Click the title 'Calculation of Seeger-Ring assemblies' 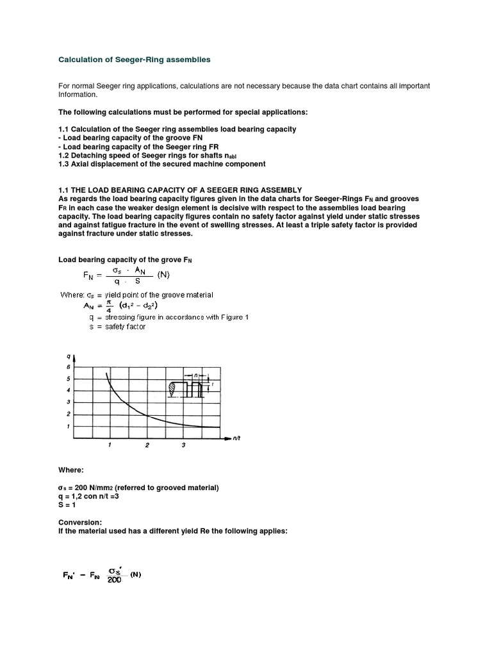pyautogui.click(x=134, y=60)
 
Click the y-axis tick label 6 pyautogui.click(x=68, y=367)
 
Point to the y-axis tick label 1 pyautogui.click(x=68, y=426)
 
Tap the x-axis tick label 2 pyautogui.click(x=147, y=445)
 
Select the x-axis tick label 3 pyautogui.click(x=184, y=445)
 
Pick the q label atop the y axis pyautogui.click(x=69, y=354)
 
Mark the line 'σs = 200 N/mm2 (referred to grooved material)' pyautogui.click(x=138, y=488)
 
